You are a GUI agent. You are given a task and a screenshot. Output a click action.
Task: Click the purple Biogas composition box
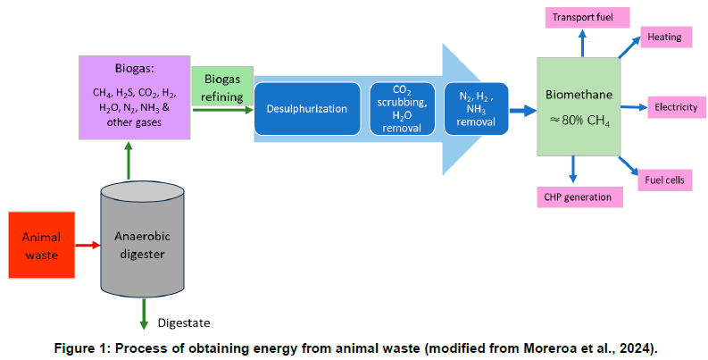click(134, 96)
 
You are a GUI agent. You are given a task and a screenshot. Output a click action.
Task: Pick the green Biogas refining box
click(222, 86)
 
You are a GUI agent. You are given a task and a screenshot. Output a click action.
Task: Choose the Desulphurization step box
click(306, 109)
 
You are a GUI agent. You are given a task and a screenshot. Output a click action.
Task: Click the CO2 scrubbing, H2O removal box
click(402, 109)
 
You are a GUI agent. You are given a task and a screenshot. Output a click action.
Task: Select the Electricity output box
click(675, 107)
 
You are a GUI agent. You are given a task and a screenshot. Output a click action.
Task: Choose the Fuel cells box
click(664, 180)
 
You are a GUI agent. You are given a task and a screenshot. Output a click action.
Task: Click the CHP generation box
click(578, 197)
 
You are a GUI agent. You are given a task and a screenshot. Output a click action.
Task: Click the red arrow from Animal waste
click(87, 243)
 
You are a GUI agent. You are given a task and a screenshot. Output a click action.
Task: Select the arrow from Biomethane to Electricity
click(633, 107)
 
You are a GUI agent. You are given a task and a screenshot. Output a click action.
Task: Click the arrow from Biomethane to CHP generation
click(572, 170)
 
